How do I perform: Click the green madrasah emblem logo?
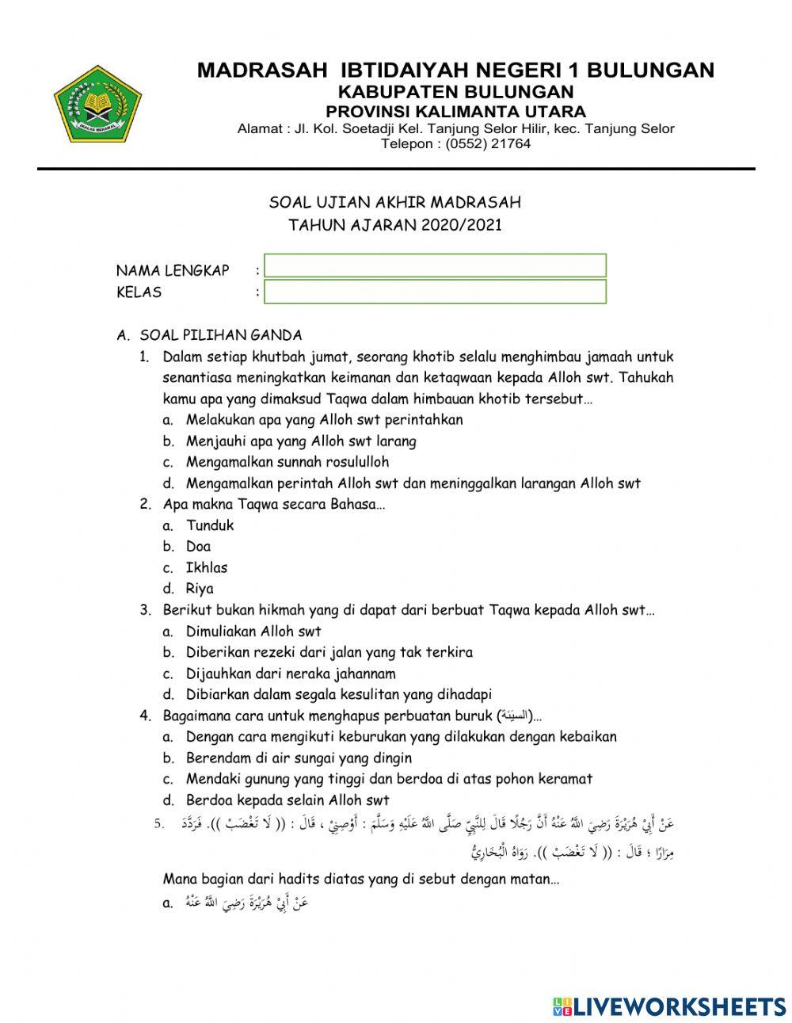click(x=97, y=104)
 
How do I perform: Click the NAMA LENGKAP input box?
click(x=435, y=265)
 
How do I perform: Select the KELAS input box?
click(x=435, y=292)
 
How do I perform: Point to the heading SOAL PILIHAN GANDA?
click(x=220, y=335)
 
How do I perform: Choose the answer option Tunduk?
click(x=210, y=525)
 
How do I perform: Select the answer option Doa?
click(x=198, y=547)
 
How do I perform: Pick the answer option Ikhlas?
click(x=206, y=568)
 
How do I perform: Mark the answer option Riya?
click(x=200, y=589)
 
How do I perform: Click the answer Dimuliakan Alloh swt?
click(x=253, y=632)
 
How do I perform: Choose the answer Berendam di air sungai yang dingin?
click(x=299, y=758)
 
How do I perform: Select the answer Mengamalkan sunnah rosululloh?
click(x=287, y=462)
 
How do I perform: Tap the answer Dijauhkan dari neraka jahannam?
click(x=291, y=674)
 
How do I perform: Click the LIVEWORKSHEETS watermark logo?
click(x=669, y=1006)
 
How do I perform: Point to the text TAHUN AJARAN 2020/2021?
click(x=395, y=225)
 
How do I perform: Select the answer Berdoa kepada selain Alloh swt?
click(x=287, y=800)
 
